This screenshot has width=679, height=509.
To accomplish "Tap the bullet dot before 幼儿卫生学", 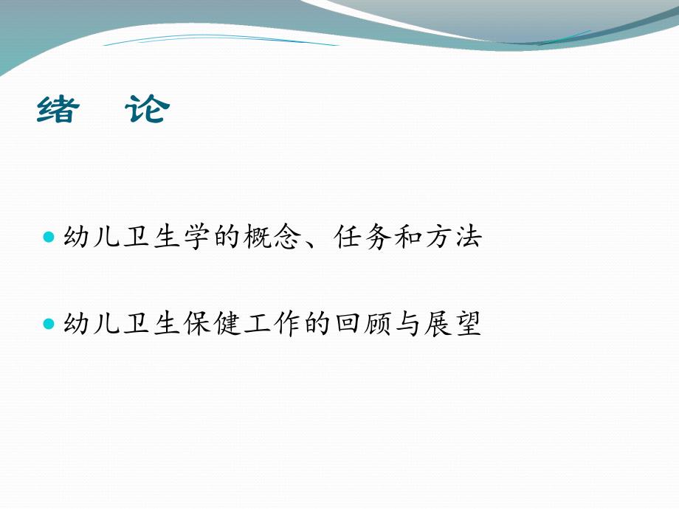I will tap(49, 238).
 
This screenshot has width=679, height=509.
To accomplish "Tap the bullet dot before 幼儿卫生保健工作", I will tap(49, 324).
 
